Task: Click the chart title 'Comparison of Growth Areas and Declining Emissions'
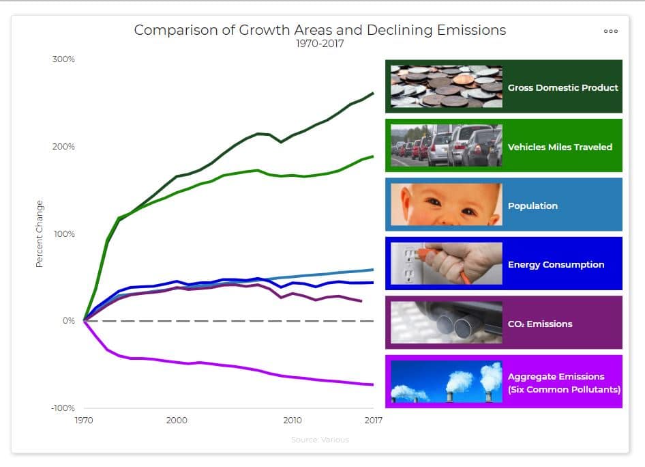[320, 30]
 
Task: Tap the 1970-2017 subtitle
[320, 44]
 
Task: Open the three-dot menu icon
[610, 31]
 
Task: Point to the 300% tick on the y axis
[63, 59]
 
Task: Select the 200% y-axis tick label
[63, 147]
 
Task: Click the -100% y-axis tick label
[63, 408]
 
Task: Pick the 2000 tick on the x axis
[177, 421]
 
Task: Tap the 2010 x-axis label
[292, 421]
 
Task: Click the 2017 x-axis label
[373, 421]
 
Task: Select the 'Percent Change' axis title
[40, 233]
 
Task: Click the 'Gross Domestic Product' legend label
[562, 87]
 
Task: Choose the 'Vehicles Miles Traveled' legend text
[560, 147]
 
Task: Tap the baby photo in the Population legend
[447, 205]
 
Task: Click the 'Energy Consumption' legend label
[556, 264]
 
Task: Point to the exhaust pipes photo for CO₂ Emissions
[447, 323]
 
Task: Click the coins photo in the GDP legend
[447, 87]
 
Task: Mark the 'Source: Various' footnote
[320, 440]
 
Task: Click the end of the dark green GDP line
[373, 93]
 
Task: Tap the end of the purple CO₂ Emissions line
[361, 301]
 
